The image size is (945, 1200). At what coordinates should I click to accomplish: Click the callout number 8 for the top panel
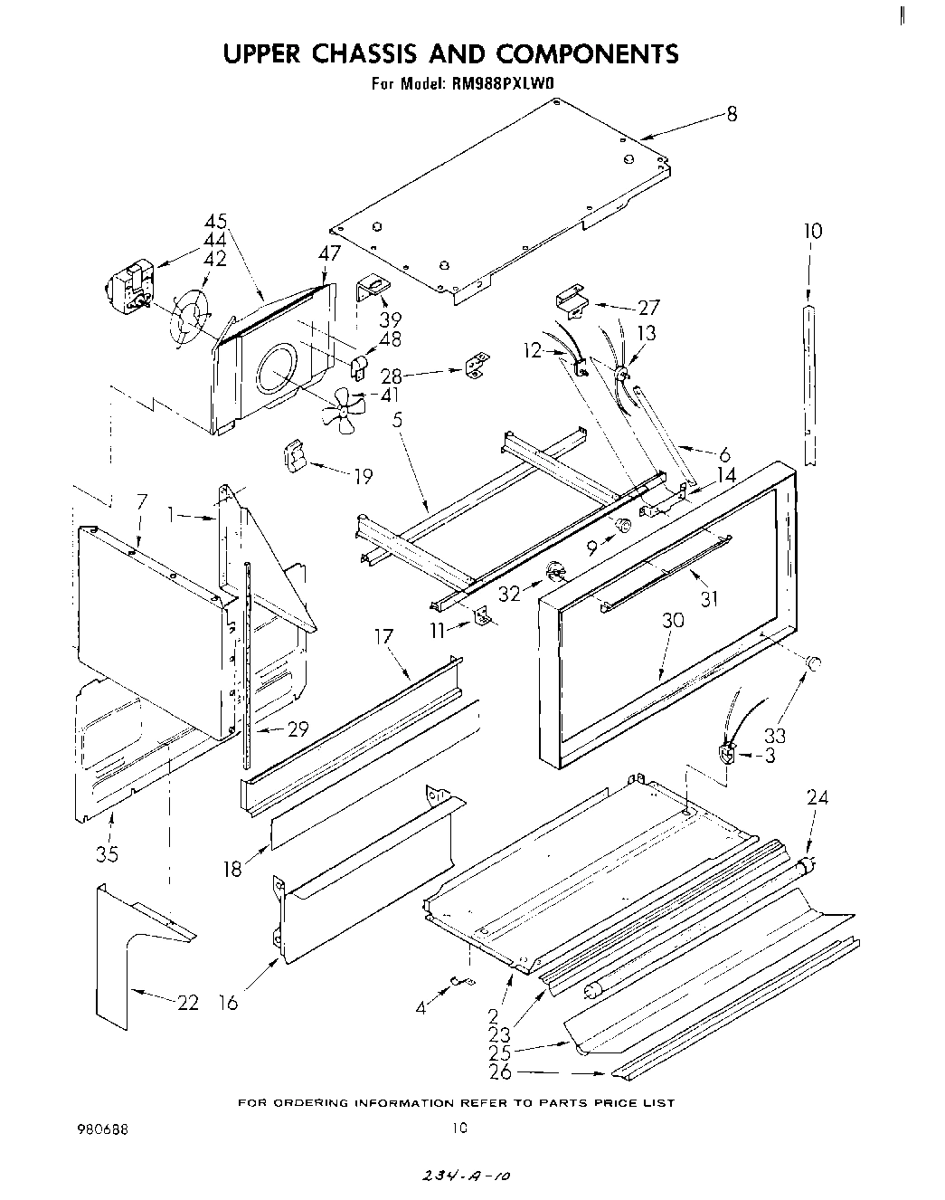pos(731,114)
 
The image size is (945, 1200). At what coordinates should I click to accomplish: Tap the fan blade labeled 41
pos(343,409)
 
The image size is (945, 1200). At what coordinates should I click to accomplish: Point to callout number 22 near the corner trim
pos(187,1003)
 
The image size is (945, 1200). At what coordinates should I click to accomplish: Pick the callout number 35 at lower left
pos(107,853)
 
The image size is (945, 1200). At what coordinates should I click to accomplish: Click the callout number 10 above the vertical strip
pos(812,231)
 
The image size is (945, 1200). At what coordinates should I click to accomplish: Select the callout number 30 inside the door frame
pos(672,620)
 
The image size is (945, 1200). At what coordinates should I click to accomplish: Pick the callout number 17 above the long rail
pos(383,637)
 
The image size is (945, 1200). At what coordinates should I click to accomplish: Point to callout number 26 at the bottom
pos(499,1072)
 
